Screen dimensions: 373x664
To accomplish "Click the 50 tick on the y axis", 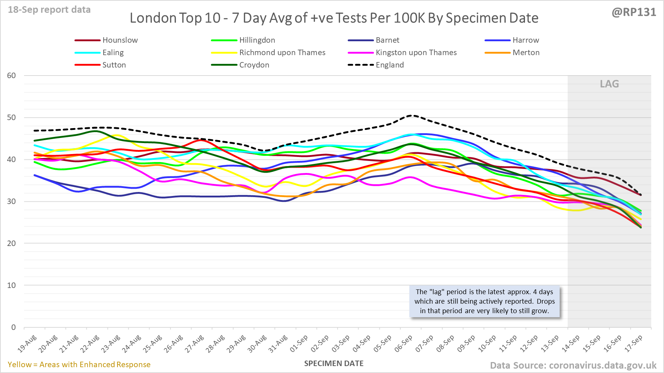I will point(11,118).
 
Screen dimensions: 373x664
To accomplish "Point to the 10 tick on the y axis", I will point(11,285).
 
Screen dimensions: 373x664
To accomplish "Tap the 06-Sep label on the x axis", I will point(404,343).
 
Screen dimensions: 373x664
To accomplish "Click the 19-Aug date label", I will point(27,343).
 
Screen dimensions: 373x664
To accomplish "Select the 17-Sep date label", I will point(634,343).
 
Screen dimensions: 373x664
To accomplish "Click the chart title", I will point(334,18).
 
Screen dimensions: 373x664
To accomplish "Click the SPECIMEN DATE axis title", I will point(334,364).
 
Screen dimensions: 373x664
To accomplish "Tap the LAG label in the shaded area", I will point(609,84).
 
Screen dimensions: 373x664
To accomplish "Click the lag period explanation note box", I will point(485,301).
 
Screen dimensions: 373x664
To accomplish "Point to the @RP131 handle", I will point(634,12).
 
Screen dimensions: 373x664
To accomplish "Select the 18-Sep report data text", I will point(49,10).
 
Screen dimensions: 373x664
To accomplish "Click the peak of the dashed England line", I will point(412,115).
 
